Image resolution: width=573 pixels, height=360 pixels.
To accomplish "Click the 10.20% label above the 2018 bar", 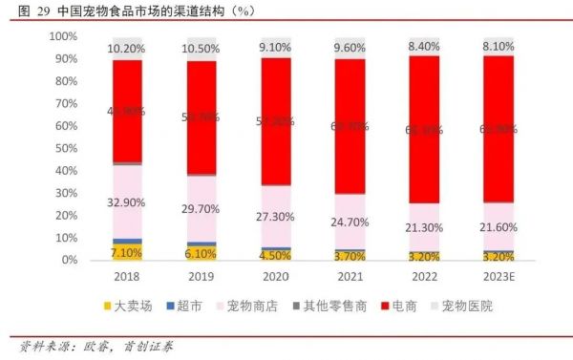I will pyautogui.click(x=127, y=48).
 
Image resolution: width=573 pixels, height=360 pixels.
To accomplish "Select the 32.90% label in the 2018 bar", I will pyautogui.click(x=127, y=202).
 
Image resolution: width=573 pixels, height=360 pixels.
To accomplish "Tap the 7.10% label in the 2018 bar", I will pyautogui.click(x=127, y=252).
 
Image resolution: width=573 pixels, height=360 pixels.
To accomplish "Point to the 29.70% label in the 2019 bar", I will pyautogui.click(x=202, y=209).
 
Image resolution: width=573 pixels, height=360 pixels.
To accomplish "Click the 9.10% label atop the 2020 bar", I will pyautogui.click(x=276, y=48).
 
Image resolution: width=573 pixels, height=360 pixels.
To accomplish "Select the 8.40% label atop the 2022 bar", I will pyautogui.click(x=425, y=46).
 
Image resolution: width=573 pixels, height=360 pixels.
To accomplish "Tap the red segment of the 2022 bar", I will pyautogui.click(x=425, y=129).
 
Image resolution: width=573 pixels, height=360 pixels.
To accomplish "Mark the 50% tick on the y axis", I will pyautogui.click(x=65, y=148).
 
